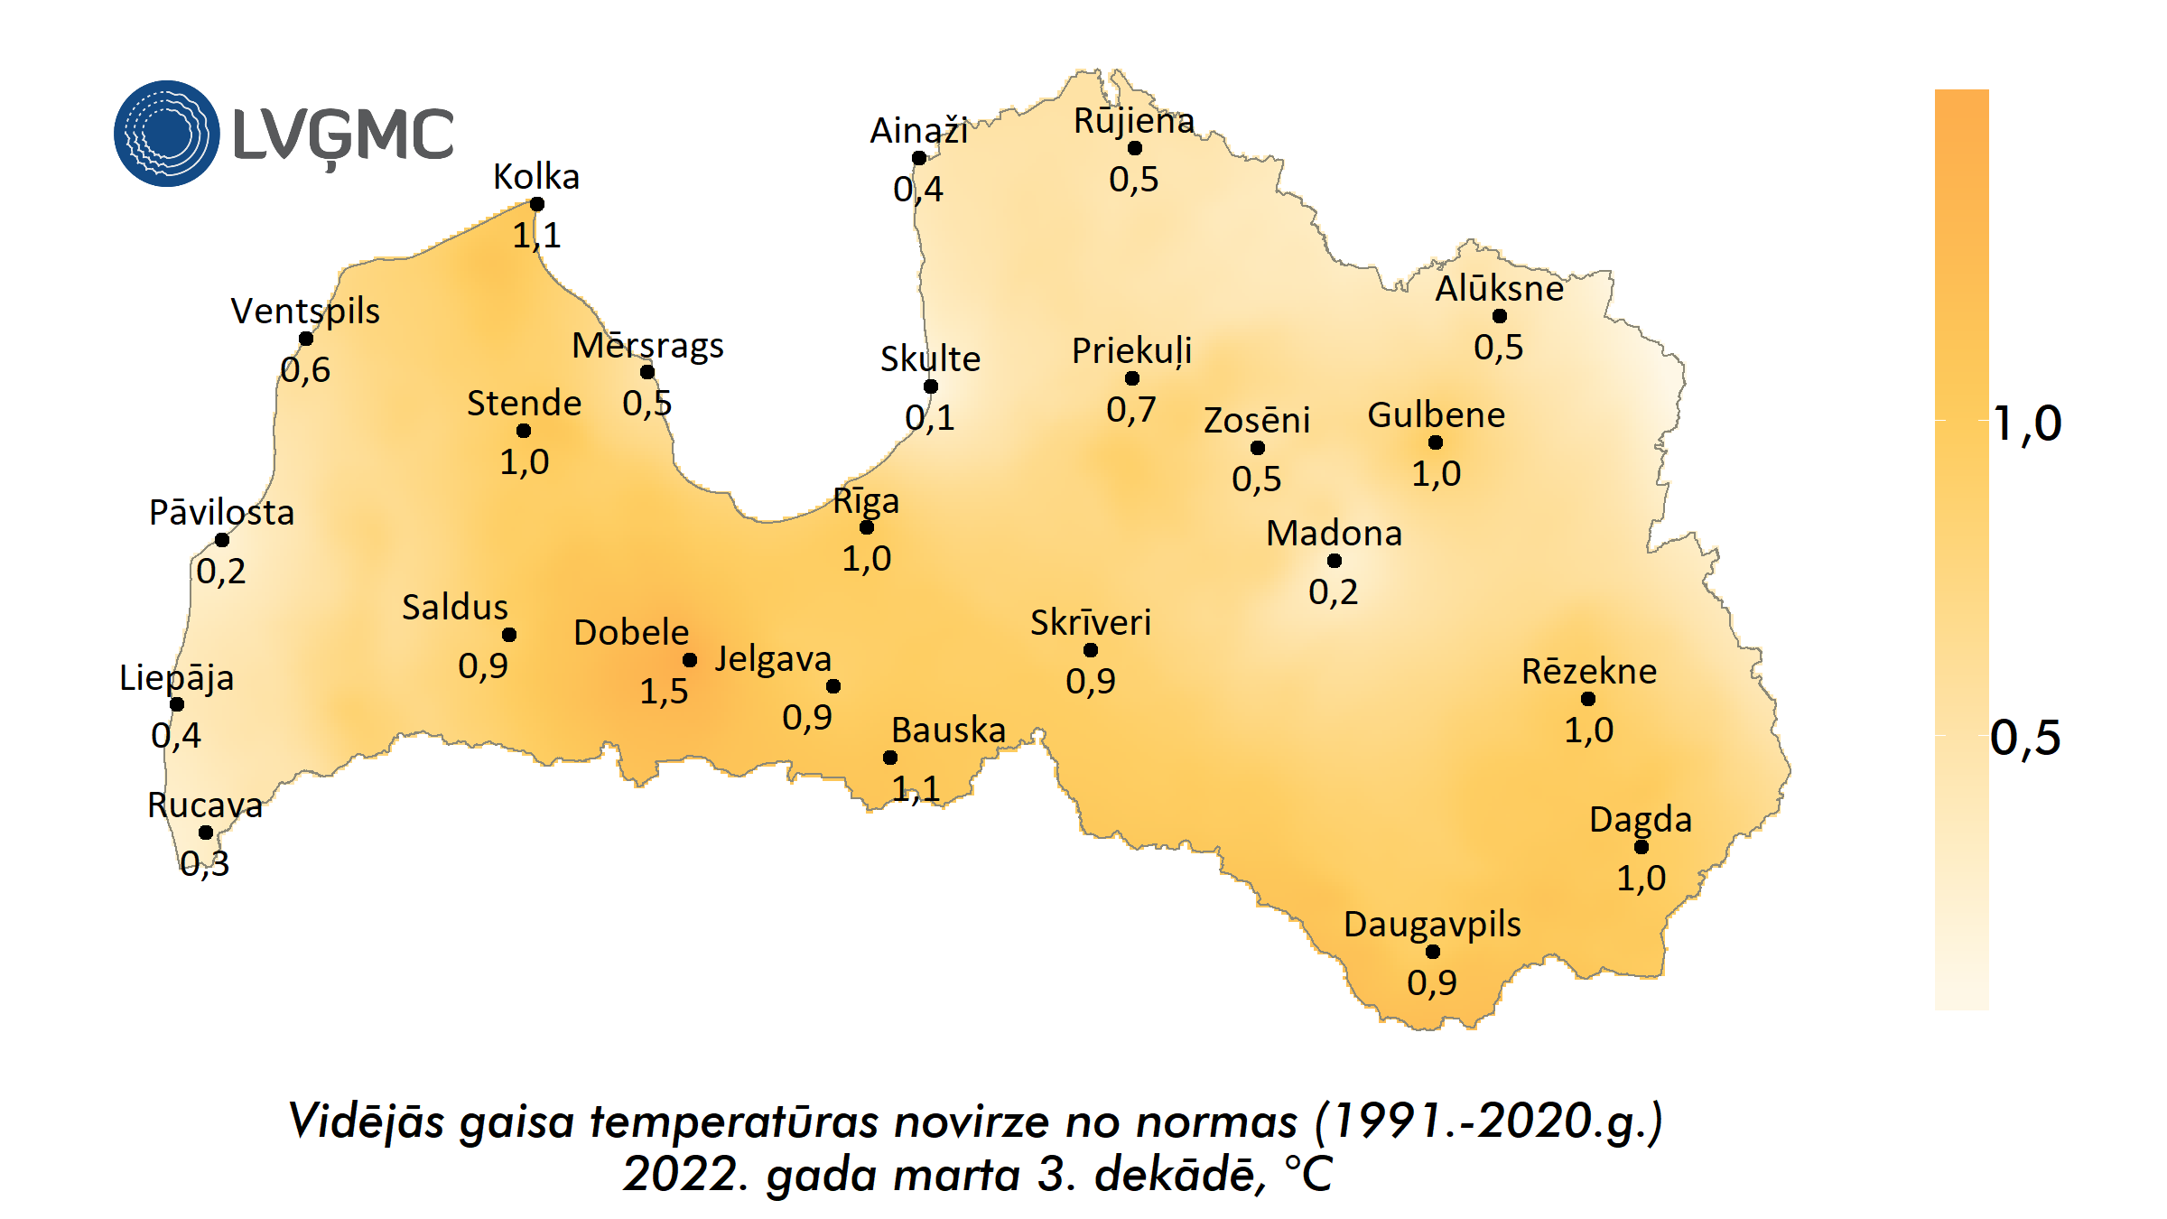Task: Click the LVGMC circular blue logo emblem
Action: [x=166, y=134]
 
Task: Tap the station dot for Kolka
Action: [x=537, y=204]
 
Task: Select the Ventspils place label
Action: [x=305, y=311]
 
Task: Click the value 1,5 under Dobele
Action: [x=664, y=692]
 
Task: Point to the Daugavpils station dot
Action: [x=1433, y=952]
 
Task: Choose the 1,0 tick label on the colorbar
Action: [x=2027, y=423]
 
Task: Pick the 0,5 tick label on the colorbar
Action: [x=2025, y=738]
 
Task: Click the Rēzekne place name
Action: [x=1589, y=672]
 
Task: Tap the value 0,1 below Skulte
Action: [x=930, y=417]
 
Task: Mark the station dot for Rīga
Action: [x=867, y=527]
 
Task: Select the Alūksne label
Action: [x=1499, y=289]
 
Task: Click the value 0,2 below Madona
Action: [x=1334, y=592]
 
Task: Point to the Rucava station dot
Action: [x=206, y=833]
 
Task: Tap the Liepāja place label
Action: [x=177, y=677]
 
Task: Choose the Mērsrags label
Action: [x=647, y=346]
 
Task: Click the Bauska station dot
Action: [x=890, y=758]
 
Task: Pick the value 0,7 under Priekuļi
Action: [x=1131, y=410]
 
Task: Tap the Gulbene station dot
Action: [x=1436, y=442]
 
